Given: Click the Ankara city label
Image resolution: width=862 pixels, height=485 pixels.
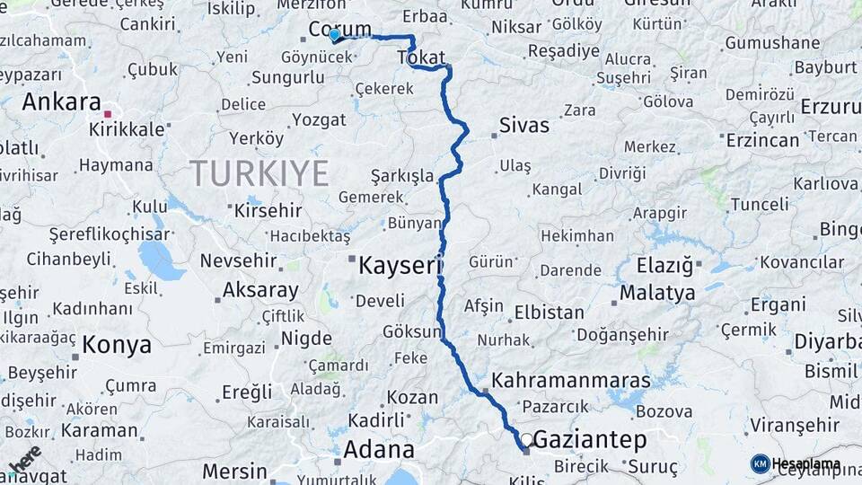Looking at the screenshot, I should point(60,101).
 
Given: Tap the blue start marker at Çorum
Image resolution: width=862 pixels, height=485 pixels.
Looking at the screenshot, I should point(334,35).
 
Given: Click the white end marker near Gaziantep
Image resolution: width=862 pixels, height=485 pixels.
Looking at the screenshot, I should point(527,440).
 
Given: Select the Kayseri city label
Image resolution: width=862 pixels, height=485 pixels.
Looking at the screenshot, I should point(400,266).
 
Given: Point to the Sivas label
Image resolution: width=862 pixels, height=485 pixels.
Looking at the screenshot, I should point(523,125).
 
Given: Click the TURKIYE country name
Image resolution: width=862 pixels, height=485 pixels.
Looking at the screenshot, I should point(259,172).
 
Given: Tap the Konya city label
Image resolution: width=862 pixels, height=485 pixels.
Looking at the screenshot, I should point(117,344).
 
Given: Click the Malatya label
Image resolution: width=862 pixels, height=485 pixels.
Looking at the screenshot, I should point(657,293).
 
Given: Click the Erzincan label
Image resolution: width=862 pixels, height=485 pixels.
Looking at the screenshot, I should point(762,140).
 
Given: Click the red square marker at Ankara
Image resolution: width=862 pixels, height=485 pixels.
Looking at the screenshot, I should point(108,114).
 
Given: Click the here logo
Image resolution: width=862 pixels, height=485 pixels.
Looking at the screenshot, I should point(24,459).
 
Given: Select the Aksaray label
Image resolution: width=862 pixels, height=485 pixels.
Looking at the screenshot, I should point(260,290).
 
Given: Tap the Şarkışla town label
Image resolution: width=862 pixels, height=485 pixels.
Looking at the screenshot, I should point(401,175).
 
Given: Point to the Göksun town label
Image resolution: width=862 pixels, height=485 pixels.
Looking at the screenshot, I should point(412,331).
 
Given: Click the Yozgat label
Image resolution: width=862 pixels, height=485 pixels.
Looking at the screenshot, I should point(319,119).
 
